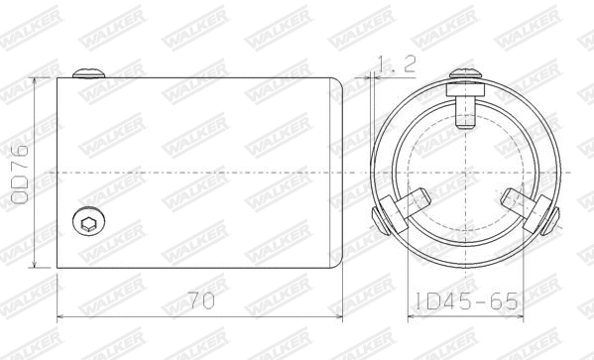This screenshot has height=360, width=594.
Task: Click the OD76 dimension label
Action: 19,175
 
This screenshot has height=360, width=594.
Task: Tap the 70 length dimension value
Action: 201,300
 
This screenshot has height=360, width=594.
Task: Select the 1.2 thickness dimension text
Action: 397,64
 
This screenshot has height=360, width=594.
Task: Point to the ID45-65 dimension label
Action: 466,301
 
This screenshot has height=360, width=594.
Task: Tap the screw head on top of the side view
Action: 88,73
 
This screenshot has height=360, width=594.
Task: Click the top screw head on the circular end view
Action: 465,73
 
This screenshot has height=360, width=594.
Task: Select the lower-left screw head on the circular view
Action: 380,220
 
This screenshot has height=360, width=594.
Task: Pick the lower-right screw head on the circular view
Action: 550,220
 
